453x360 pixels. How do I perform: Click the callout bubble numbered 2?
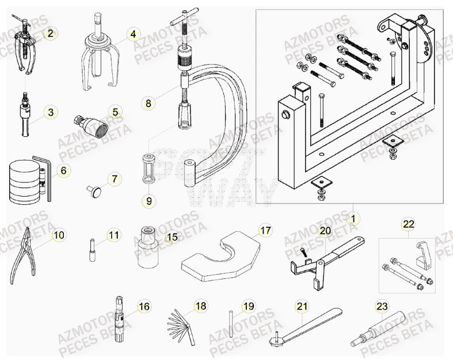pos(51,34)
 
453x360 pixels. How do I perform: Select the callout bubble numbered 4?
pos(133,34)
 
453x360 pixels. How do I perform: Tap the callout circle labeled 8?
pos(149,104)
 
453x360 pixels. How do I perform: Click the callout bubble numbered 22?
pos(408,224)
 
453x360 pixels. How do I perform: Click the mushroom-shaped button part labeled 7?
pos(94,189)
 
